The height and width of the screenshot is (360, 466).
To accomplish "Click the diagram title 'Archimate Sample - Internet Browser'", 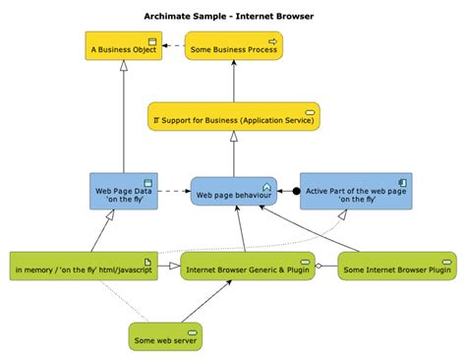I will click(233, 16).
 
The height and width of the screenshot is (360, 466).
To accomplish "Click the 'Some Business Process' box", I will click(233, 46).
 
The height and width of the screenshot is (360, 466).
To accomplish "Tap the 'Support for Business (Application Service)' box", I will click(233, 117).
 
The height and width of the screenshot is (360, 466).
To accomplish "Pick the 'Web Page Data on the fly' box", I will click(122, 190).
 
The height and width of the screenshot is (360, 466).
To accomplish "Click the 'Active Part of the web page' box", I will click(355, 190).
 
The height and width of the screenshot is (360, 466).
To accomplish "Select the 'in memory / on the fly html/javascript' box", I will click(83, 266).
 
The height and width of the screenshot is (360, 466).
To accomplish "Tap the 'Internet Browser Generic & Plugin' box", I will click(241, 266).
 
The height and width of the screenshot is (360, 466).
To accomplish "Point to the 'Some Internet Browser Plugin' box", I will click(382, 266).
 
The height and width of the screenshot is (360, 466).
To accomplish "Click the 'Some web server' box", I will click(164, 336).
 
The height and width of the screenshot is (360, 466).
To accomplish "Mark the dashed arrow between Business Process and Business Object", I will click(171, 46).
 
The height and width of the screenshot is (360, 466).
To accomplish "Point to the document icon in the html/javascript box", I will click(148, 258).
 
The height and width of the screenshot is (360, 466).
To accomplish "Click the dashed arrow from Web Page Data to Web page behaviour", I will click(172, 190).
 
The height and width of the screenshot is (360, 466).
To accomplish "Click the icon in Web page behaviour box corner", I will click(266, 183).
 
